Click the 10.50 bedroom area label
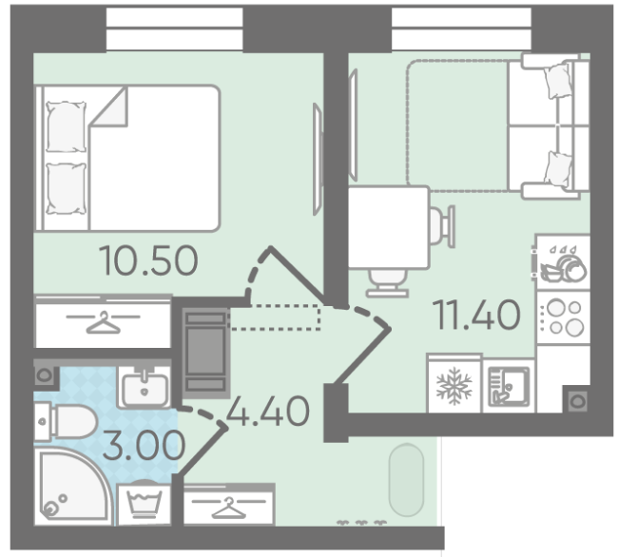pyautogui.click(x=148, y=260)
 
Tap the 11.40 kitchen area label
pyautogui.click(x=476, y=314)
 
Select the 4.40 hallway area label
pyautogui.click(x=268, y=411)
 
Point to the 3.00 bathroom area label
pyautogui.click(x=144, y=445)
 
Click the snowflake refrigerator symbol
pyautogui.click(x=454, y=386)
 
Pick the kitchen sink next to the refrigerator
pyautogui.click(x=509, y=386)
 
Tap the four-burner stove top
pyautogui.click(x=564, y=317)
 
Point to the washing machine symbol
pyautogui.click(x=145, y=504)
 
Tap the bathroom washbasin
pyautogui.click(x=145, y=387)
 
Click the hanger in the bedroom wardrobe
pyautogui.click(x=104, y=322)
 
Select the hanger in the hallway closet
pyautogui.click(x=228, y=508)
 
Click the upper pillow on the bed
pyautogui.click(x=67, y=126)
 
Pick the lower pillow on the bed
pyautogui.click(x=67, y=189)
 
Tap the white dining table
pyautogui.click(x=389, y=228)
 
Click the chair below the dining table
pyautogui.click(x=387, y=283)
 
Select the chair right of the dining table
pyautogui.click(x=442, y=226)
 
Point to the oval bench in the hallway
pyautogui.click(x=406, y=480)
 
